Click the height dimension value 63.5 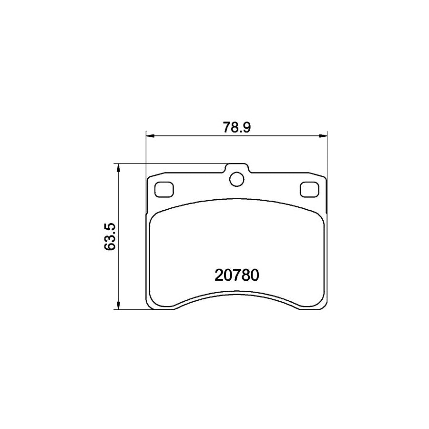110,236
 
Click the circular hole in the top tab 236,179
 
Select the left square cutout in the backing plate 164,190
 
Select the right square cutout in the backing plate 308,190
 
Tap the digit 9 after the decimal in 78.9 246,127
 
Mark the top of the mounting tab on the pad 236,164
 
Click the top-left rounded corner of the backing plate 150,178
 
